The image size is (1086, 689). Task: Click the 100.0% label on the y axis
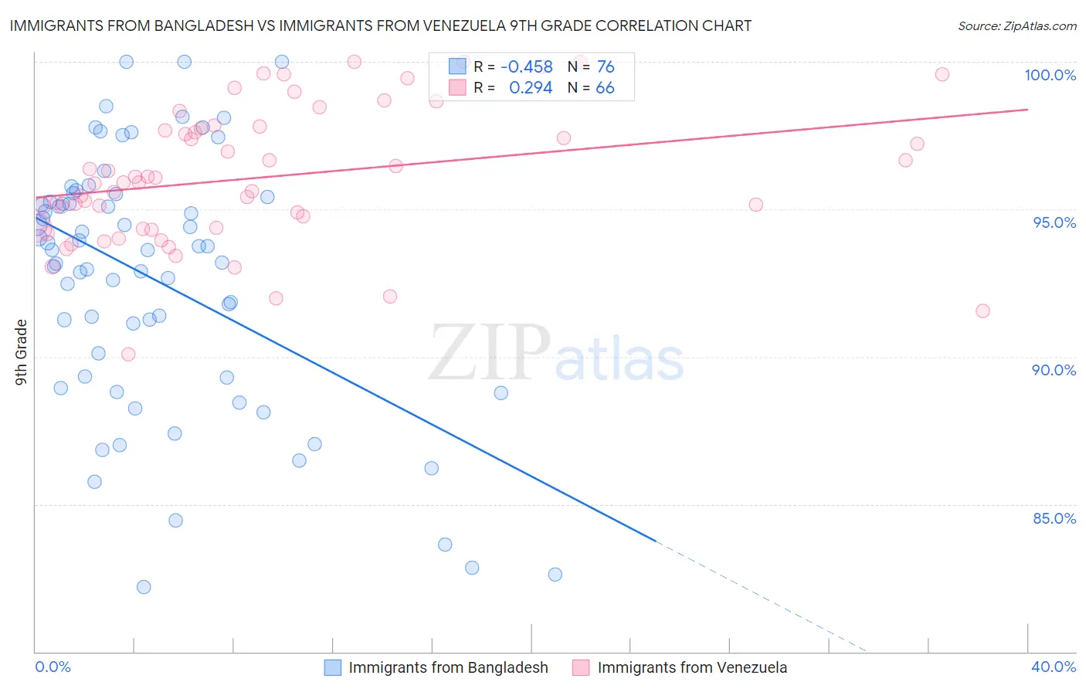[x=1050, y=75]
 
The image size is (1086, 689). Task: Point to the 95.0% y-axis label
[x=1054, y=222]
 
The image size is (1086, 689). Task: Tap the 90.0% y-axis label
[x=1054, y=370]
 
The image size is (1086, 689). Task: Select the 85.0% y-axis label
[x=1054, y=518]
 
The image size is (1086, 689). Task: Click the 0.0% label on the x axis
[x=53, y=667]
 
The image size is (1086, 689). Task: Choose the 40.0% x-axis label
[x=1054, y=667]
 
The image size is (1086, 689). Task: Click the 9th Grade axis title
[x=22, y=352]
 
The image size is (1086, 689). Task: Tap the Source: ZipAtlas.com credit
[x=1016, y=26]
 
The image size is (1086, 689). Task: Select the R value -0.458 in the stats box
[x=527, y=67]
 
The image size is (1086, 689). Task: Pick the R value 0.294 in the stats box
[x=531, y=88]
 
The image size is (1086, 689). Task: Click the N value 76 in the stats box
[x=606, y=67]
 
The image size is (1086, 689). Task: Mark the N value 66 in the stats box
[x=605, y=88]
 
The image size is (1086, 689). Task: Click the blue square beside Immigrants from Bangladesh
[x=333, y=667]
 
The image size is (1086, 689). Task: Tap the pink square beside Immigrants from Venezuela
[x=581, y=667]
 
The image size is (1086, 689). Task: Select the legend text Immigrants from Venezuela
[x=692, y=667]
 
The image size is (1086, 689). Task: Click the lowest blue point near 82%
[x=144, y=587]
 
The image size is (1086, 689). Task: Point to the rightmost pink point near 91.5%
[x=982, y=311]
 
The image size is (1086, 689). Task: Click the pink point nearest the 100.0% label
[x=942, y=74]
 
